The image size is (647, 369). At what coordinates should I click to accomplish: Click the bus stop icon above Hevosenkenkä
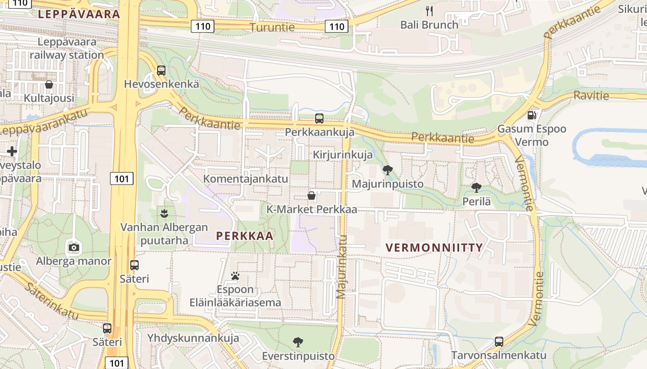click(161, 71)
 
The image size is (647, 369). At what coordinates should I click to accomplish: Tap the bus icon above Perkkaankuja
click(319, 118)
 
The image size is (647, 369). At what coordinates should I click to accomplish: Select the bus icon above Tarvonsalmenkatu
click(499, 342)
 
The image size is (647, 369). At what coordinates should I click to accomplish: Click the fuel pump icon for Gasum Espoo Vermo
click(532, 115)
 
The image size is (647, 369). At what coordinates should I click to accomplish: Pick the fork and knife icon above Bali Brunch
click(429, 11)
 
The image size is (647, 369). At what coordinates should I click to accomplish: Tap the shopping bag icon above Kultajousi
click(49, 84)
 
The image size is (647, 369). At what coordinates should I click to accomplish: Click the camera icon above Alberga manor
click(73, 247)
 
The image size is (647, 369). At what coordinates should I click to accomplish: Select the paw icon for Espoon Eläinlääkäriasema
click(235, 276)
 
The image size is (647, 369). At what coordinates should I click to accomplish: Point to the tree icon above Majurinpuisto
click(388, 170)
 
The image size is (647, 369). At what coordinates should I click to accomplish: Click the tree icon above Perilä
click(476, 188)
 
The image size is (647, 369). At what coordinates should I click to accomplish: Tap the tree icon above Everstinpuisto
click(298, 342)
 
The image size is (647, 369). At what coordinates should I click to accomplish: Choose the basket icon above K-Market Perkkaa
click(311, 196)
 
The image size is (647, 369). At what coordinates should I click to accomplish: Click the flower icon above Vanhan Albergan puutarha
click(164, 213)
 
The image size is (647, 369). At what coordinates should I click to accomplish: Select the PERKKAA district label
click(245, 236)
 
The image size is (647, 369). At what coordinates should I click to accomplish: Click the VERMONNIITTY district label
click(434, 248)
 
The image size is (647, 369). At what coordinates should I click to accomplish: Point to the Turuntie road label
click(272, 27)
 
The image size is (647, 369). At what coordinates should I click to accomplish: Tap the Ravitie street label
click(591, 95)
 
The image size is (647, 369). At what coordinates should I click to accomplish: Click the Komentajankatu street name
click(246, 179)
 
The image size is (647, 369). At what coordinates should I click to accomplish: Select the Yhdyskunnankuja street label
click(193, 338)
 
